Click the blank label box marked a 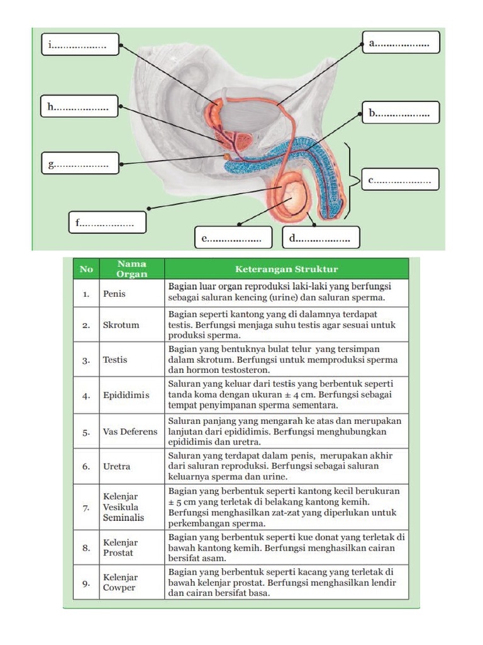click(401, 43)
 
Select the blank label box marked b click(401, 113)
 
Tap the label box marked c click(400, 180)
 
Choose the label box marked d click(320, 238)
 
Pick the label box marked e click(233, 238)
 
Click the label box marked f click(107, 222)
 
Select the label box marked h click(79, 106)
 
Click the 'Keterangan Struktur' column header click(286, 269)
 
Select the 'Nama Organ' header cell click(132, 269)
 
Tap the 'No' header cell click(86, 269)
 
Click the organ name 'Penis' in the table click(114, 293)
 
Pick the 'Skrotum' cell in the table click(121, 325)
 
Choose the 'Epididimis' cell click(126, 396)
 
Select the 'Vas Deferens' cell click(130, 432)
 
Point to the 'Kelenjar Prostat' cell click(121, 547)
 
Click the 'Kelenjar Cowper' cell click(119, 582)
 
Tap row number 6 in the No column click(86, 467)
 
